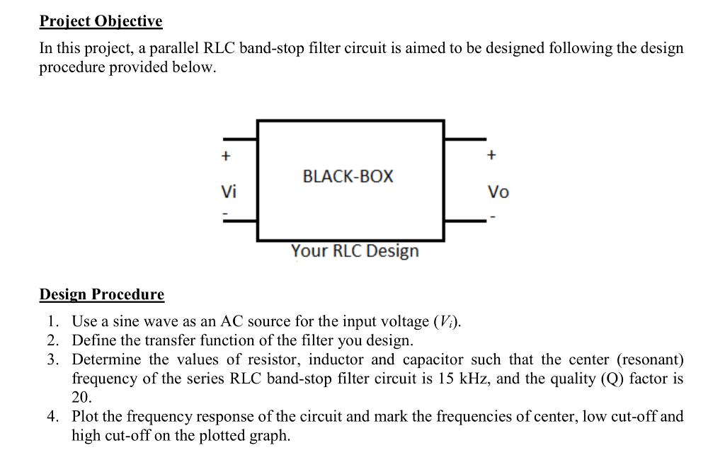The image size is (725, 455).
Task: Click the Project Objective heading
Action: click(101, 21)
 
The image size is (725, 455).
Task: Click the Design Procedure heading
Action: click(101, 294)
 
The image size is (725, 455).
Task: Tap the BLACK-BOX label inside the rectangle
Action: click(348, 176)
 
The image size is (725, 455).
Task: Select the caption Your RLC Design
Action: click(355, 251)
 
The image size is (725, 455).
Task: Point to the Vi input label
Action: click(229, 192)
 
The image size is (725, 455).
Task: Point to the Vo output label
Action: click(498, 192)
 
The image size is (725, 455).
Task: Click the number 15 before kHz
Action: click(443, 379)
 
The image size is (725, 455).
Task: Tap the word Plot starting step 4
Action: click(86, 416)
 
